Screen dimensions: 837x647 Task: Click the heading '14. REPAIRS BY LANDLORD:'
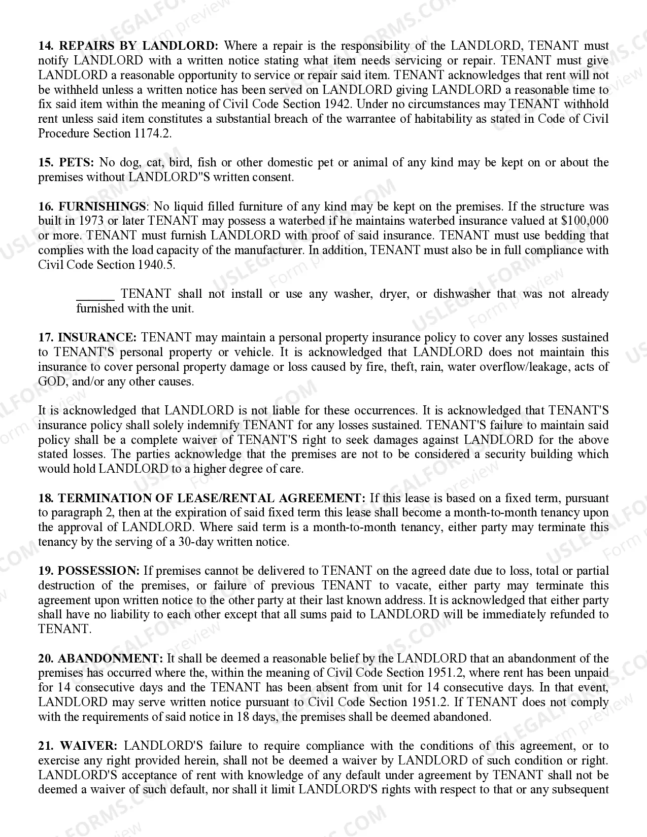(x=128, y=46)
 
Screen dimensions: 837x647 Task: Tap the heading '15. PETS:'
(x=66, y=163)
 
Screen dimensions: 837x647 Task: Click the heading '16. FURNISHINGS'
(x=92, y=207)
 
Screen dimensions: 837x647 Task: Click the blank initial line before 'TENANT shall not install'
(x=95, y=294)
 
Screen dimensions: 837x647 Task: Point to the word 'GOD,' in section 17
(x=52, y=382)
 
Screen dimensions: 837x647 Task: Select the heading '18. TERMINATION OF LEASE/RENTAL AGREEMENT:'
(x=201, y=499)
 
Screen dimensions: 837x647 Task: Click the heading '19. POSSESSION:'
(x=89, y=571)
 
